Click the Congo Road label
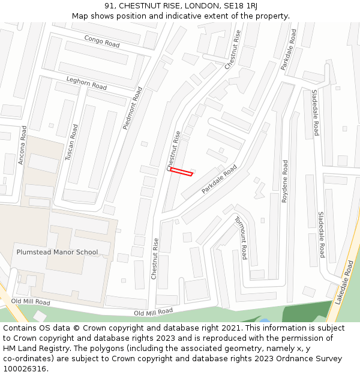click(101, 41)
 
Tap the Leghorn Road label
click(86, 83)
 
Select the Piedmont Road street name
click(133, 108)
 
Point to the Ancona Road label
click(22, 145)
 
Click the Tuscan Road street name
click(71, 142)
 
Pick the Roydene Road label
click(285, 181)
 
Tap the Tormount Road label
click(241, 238)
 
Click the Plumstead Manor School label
click(57, 252)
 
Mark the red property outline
click(181, 172)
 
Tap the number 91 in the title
click(109, 6)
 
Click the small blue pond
click(264, 321)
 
